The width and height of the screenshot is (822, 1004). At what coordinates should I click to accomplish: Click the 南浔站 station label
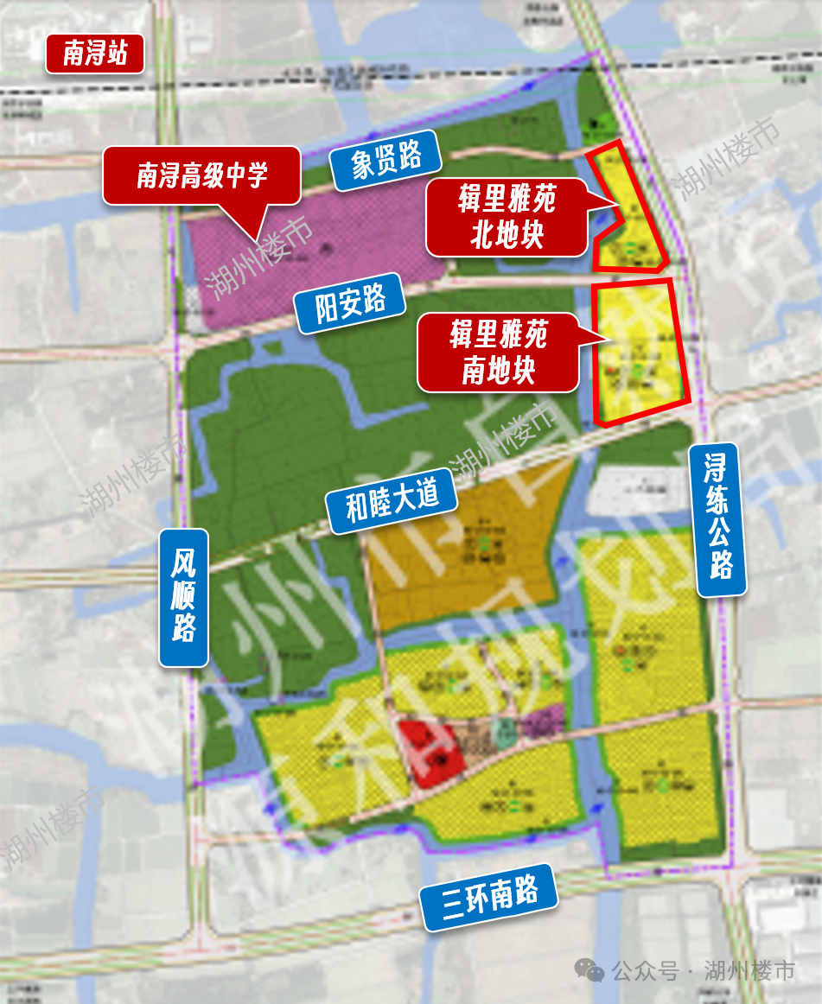(95, 54)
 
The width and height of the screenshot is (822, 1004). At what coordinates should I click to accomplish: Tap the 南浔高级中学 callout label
(202, 176)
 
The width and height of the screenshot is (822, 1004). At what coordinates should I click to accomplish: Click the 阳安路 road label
(350, 302)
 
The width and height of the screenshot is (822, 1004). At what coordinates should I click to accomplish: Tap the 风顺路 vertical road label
(183, 597)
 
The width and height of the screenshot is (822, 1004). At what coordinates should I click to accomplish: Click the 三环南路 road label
(489, 897)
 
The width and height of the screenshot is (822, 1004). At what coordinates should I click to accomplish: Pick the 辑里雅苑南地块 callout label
(498, 352)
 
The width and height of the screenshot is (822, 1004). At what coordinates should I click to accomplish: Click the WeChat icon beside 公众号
(591, 971)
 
